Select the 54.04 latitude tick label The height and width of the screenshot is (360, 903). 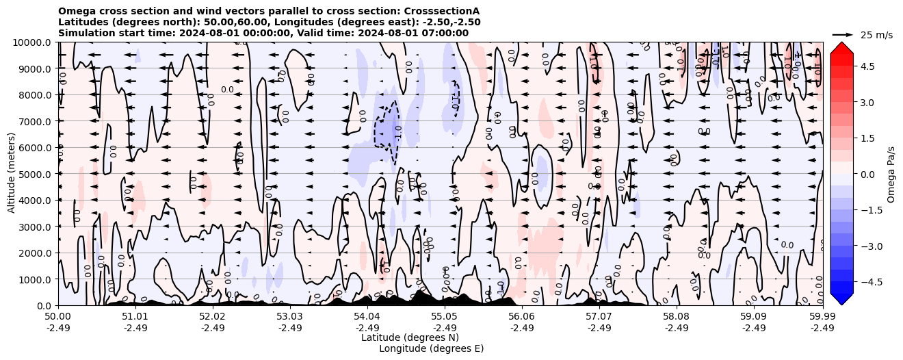pyautogui.click(x=367, y=317)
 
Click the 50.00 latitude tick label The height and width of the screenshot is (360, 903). pyautogui.click(x=58, y=317)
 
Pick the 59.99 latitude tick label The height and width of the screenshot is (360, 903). pyautogui.click(x=822, y=317)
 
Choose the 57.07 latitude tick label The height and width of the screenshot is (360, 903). pyautogui.click(x=599, y=317)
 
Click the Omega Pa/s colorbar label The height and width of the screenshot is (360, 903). pyautogui.click(x=891, y=174)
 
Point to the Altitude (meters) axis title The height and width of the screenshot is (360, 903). pyautogui.click(x=12, y=174)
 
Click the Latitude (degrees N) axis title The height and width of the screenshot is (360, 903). pyautogui.click(x=410, y=337)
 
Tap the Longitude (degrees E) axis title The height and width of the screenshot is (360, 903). pyautogui.click(x=431, y=348)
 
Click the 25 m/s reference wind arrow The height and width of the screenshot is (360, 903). pyautogui.click(x=843, y=34)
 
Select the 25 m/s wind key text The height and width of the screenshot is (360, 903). pyautogui.click(x=876, y=35)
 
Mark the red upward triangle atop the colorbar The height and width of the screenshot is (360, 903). pyautogui.click(x=841, y=47)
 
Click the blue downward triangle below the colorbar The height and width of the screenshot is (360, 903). pyautogui.click(x=841, y=299)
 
